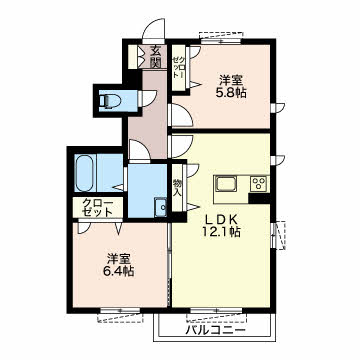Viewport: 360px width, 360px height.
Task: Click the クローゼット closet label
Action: tap(99, 208)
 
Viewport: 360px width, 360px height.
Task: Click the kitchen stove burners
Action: tap(258, 183)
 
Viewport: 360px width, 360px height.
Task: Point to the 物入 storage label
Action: tap(177, 188)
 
